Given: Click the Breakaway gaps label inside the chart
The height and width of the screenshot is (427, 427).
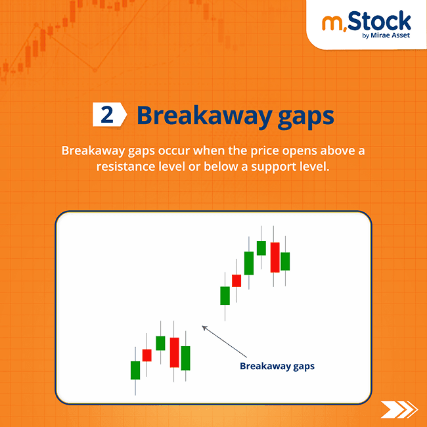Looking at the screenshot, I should [x=277, y=366].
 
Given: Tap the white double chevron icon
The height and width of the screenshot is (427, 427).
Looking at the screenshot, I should [x=398, y=409].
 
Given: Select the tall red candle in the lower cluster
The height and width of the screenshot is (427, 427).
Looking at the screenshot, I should [x=174, y=352].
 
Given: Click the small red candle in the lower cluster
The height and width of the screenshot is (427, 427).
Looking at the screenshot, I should [x=147, y=355].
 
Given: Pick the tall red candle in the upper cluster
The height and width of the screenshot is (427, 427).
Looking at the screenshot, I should [x=275, y=257].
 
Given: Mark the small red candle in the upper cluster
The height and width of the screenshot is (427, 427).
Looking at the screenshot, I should [x=236, y=281].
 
